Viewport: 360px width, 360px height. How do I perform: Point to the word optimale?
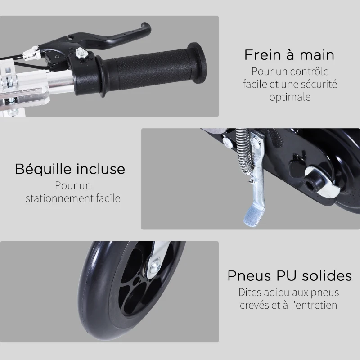pos(290,97)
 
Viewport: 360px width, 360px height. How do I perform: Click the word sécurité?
pos(317,84)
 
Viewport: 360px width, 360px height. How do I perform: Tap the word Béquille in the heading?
pos(43,169)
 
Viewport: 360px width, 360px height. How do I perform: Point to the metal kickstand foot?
pos(254,213)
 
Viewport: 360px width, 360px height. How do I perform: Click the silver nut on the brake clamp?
pos(82,54)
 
